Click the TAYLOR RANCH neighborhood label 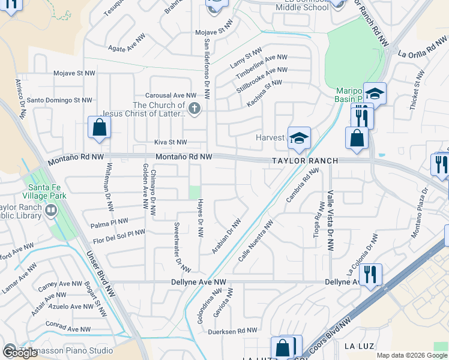click(304, 161)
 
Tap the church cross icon click(194, 109)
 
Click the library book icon click(50, 211)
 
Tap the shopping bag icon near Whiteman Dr click(98, 127)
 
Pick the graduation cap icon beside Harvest click(298, 138)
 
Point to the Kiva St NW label click(171, 143)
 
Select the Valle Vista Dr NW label click(330, 220)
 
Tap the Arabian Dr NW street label click(227, 236)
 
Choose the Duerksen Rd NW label click(232, 331)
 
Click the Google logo click(20, 352)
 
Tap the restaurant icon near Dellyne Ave click(370, 275)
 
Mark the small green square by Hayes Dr click(193, 192)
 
